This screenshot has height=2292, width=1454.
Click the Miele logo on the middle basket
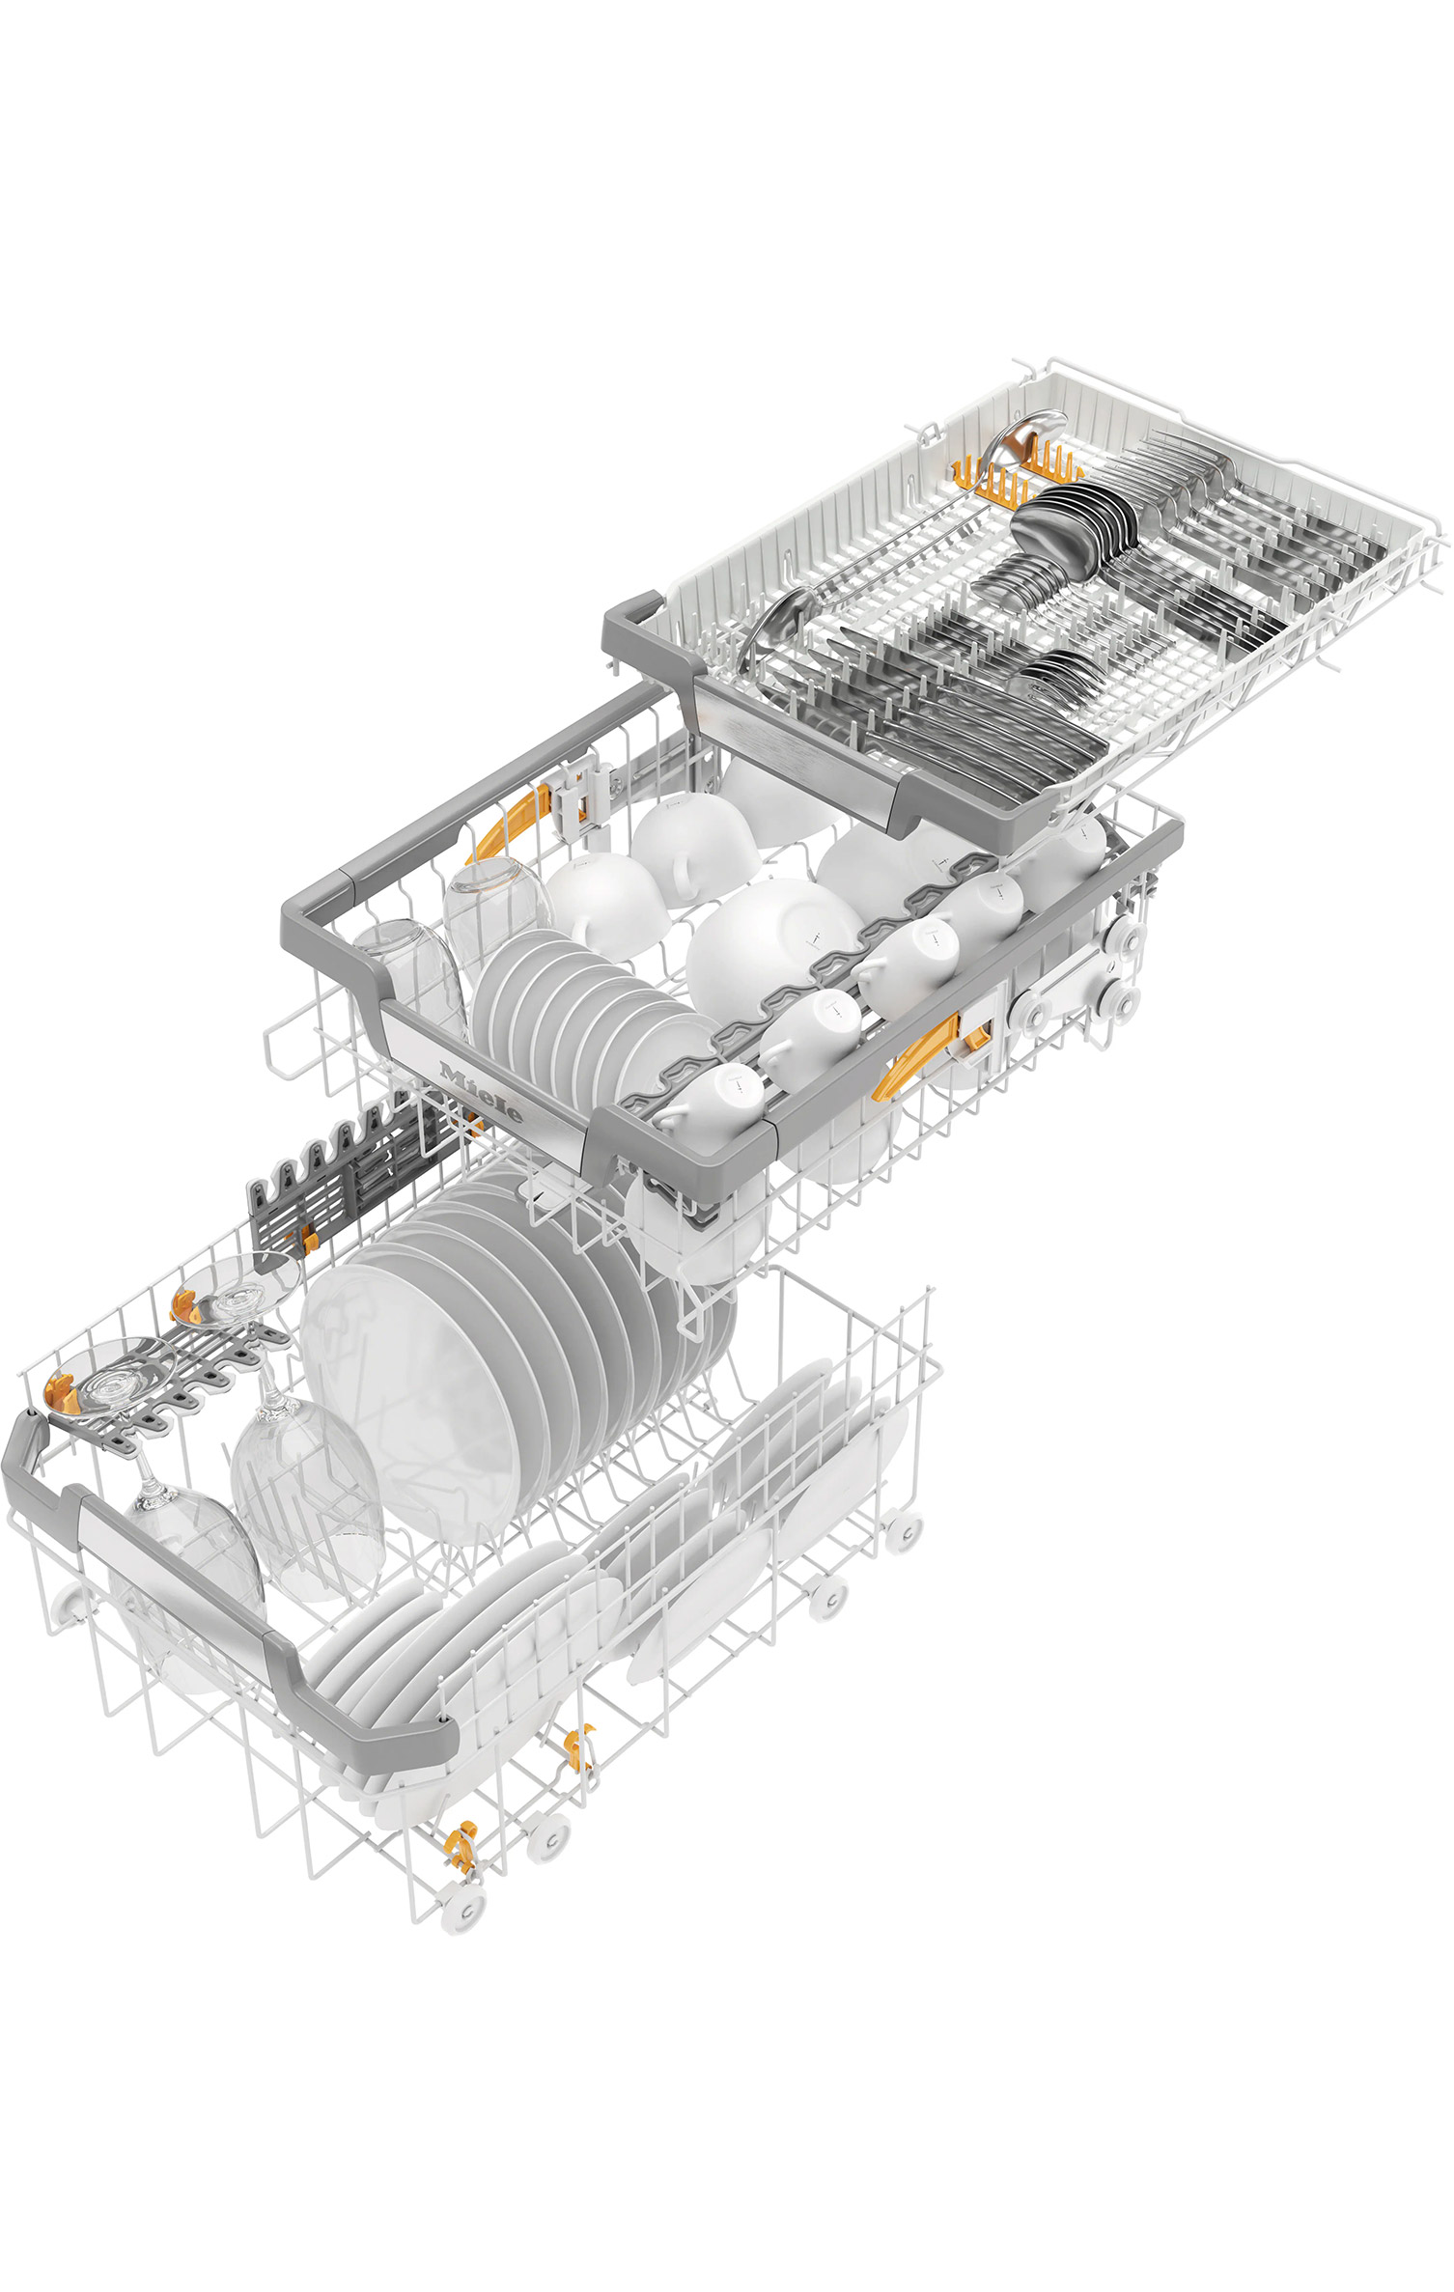click(x=481, y=1093)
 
